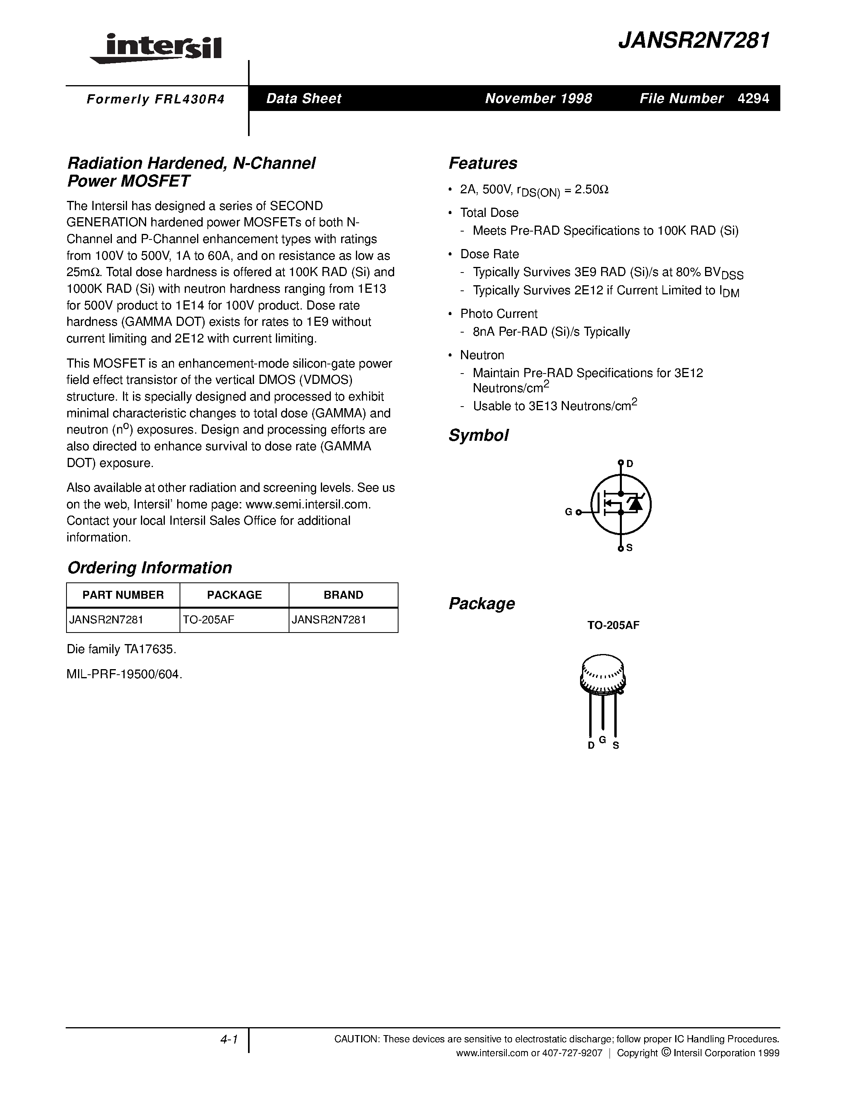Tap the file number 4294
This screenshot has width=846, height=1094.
pyautogui.click(x=753, y=98)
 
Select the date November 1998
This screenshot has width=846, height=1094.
pyautogui.click(x=538, y=98)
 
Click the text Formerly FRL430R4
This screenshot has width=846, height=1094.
pyautogui.click(x=155, y=99)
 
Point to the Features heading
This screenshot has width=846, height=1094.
pyautogui.click(x=483, y=163)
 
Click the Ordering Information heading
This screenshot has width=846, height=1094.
pyautogui.click(x=149, y=568)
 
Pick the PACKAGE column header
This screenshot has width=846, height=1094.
pyautogui.click(x=234, y=595)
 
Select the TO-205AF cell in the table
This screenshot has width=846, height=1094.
pyautogui.click(x=209, y=620)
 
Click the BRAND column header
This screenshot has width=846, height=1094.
pyautogui.click(x=343, y=595)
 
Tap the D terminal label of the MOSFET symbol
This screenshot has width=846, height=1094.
pyautogui.click(x=630, y=464)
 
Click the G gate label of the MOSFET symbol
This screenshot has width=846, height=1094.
pyautogui.click(x=569, y=512)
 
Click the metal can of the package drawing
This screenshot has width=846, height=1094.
pyautogui.click(x=603, y=674)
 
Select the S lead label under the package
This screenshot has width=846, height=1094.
pyautogui.click(x=616, y=746)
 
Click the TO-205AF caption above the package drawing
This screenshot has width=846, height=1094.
pyautogui.click(x=613, y=625)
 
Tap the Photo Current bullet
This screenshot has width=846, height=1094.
pyautogui.click(x=499, y=313)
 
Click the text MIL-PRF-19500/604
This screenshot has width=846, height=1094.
pyautogui.click(x=124, y=674)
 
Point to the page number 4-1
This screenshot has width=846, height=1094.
pyautogui.click(x=228, y=1040)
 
